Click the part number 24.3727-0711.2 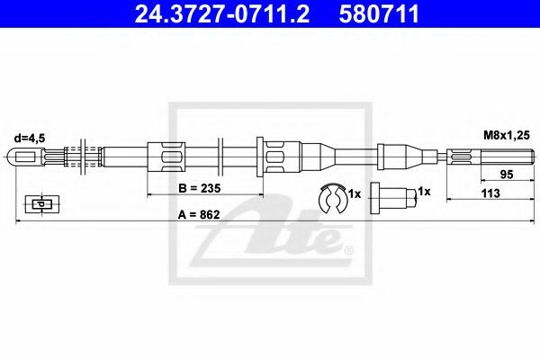(x=221, y=13)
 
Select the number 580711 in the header (x=379, y=13)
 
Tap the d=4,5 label (x=30, y=138)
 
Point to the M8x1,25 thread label (x=506, y=135)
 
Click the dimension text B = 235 (x=200, y=188)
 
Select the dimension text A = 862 (x=199, y=214)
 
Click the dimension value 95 (x=507, y=175)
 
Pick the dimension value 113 (x=490, y=193)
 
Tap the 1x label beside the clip (x=354, y=194)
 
